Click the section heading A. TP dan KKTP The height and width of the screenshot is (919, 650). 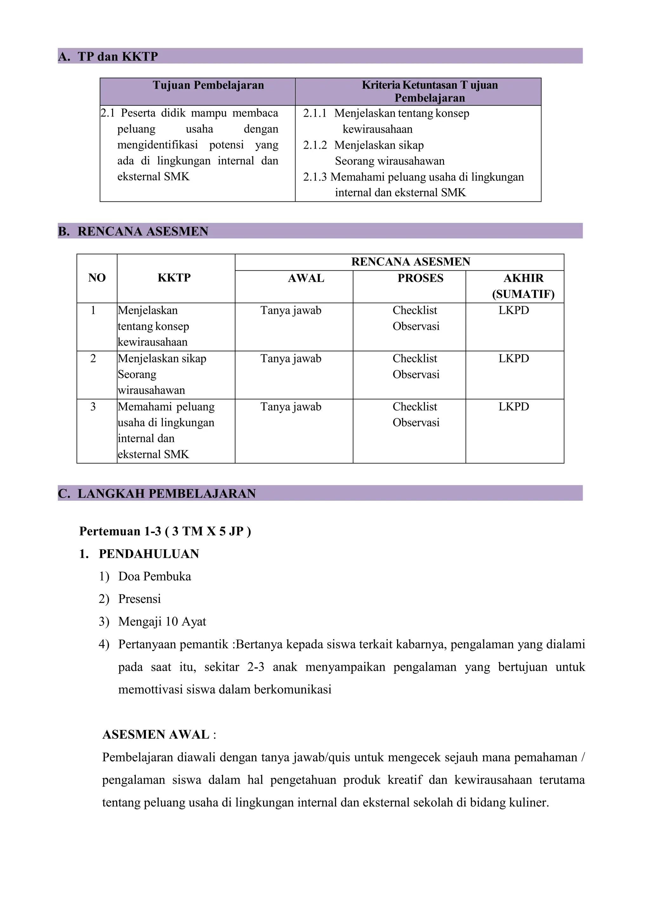[x=108, y=56]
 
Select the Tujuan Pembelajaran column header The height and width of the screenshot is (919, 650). [x=208, y=85]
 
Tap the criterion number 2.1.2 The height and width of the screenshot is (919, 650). [x=315, y=145]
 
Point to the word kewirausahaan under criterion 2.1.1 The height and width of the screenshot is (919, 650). [x=377, y=129]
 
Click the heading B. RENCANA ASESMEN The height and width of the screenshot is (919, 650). [x=133, y=231]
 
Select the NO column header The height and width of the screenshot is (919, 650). [x=97, y=278]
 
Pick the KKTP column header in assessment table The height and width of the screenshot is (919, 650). [x=174, y=278]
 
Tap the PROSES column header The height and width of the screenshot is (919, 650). [x=420, y=278]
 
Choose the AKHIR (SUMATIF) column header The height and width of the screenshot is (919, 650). [x=523, y=286]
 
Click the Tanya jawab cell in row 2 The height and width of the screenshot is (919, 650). [x=291, y=359]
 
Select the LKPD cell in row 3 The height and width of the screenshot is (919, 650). [x=514, y=407]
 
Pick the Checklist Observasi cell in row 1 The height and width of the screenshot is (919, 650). [x=415, y=318]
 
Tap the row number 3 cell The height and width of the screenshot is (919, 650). [x=93, y=407]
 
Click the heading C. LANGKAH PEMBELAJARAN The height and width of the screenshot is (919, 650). [x=157, y=493]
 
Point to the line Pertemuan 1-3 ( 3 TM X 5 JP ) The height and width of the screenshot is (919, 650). [x=165, y=531]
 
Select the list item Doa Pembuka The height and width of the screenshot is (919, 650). [x=155, y=576]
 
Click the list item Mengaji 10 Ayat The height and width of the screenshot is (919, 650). [x=162, y=622]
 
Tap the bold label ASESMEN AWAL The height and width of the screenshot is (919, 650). [x=156, y=735]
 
